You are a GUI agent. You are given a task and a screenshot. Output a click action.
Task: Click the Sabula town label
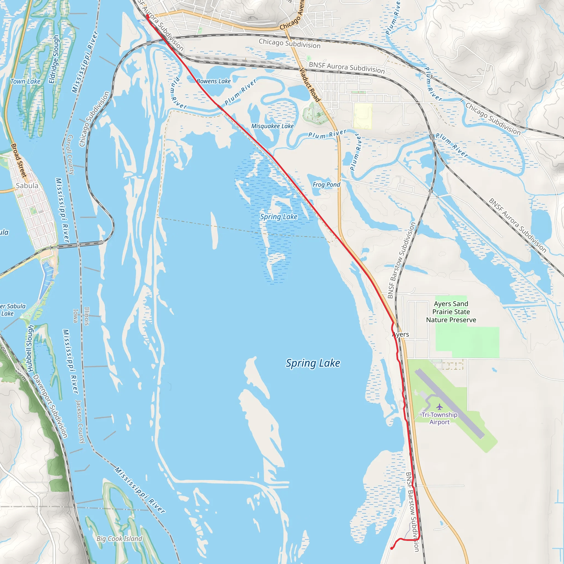pyautogui.click(x=27, y=186)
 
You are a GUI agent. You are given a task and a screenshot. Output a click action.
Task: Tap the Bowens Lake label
pyautogui.click(x=214, y=81)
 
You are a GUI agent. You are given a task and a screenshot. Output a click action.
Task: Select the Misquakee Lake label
pyautogui.click(x=272, y=126)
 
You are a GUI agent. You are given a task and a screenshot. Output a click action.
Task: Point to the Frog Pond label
pyautogui.click(x=326, y=185)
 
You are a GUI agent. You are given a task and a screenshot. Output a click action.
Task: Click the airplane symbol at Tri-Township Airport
pyautogui.click(x=439, y=407)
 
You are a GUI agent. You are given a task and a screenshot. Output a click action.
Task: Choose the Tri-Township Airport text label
pyautogui.click(x=439, y=418)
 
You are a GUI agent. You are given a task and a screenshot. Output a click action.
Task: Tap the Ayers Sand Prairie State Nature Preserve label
pyautogui.click(x=451, y=312)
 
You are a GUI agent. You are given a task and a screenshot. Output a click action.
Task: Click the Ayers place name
pyautogui.click(x=400, y=335)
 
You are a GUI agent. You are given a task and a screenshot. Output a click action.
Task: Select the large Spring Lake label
pyautogui.click(x=313, y=363)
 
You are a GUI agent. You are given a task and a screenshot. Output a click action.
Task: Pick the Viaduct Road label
pyautogui.click(x=310, y=85)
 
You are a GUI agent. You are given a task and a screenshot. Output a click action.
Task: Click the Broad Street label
pyautogui.click(x=19, y=160)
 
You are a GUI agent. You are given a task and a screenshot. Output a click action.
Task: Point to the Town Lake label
pyautogui.click(x=25, y=82)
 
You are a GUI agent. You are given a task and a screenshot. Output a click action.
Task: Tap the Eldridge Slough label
pyautogui.click(x=54, y=59)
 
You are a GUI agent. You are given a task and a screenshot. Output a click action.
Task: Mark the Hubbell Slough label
pyautogui.click(x=30, y=349)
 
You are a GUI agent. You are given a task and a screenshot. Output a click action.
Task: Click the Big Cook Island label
pyautogui.click(x=120, y=539)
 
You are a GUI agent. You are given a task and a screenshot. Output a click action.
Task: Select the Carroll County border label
pyautogui.click(x=71, y=154)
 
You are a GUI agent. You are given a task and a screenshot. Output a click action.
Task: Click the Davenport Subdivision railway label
pyautogui.click(x=50, y=406)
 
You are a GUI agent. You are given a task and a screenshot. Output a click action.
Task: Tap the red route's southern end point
pyautogui.click(x=392, y=548)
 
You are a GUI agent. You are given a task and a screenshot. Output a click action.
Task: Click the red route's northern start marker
pyautogui.click(x=148, y=16)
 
